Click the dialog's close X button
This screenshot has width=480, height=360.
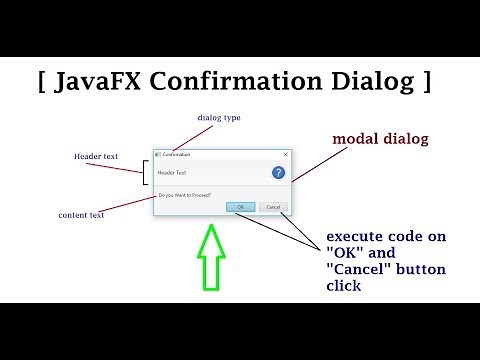(x=285, y=155)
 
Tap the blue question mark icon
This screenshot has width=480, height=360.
(x=277, y=172)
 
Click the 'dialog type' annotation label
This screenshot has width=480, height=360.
(x=219, y=118)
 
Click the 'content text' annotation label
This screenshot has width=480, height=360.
(x=81, y=214)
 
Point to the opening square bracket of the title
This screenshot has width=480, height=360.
(x=44, y=80)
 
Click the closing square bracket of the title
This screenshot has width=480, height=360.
(x=427, y=80)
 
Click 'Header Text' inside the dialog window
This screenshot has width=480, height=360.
(x=173, y=172)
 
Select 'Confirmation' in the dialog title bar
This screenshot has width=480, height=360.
(x=177, y=155)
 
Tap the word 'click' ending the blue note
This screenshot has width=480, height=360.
(x=343, y=286)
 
